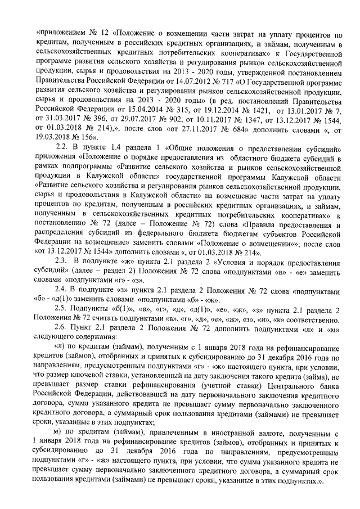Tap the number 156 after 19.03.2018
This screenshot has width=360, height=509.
[x=89, y=137]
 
